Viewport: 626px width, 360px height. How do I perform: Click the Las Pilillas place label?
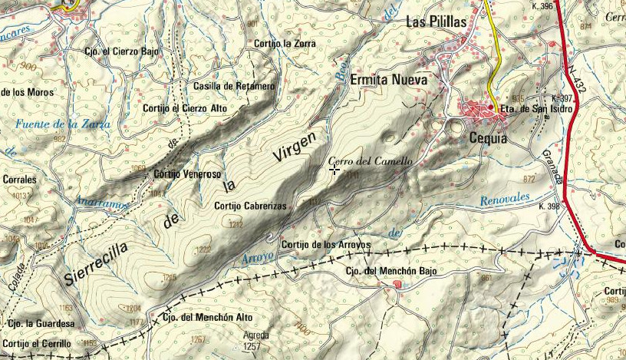(x=436, y=23)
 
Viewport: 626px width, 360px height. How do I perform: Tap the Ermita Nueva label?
(x=388, y=79)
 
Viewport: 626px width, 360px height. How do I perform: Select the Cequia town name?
(x=487, y=139)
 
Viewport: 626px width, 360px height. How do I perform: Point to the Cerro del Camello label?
(x=371, y=162)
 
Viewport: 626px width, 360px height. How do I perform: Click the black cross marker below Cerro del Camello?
(x=334, y=170)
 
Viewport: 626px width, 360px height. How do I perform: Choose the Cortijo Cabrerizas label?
(x=251, y=206)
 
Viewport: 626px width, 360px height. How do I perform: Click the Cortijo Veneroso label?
(x=187, y=174)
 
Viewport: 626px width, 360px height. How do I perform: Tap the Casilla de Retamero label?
(x=234, y=86)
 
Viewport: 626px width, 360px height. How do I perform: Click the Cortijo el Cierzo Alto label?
(x=185, y=108)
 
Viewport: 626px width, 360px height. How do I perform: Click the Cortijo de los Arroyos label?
(x=326, y=245)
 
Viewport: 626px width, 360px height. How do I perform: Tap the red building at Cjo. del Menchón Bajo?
(x=397, y=285)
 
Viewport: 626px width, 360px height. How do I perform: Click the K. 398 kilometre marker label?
(x=551, y=206)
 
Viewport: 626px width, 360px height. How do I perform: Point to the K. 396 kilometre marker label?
(x=542, y=7)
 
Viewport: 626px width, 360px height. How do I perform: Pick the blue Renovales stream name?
(x=505, y=199)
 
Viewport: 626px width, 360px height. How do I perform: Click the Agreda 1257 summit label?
(x=256, y=341)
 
